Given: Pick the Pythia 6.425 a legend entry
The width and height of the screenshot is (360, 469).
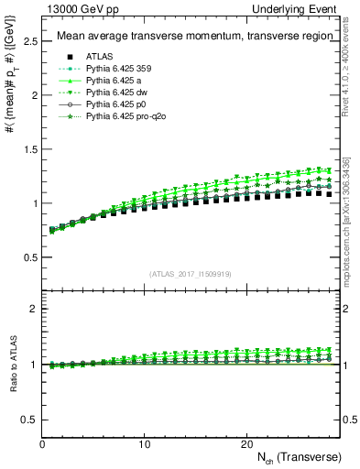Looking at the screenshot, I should (x=114, y=80).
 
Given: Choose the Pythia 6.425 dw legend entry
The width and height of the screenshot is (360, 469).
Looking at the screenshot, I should (x=116, y=93).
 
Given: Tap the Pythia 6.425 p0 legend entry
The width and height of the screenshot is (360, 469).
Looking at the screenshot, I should (x=115, y=105).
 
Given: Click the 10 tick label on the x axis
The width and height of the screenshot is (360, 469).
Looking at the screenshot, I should (x=144, y=443).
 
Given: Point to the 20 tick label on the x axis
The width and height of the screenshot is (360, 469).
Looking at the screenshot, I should (x=245, y=443).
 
